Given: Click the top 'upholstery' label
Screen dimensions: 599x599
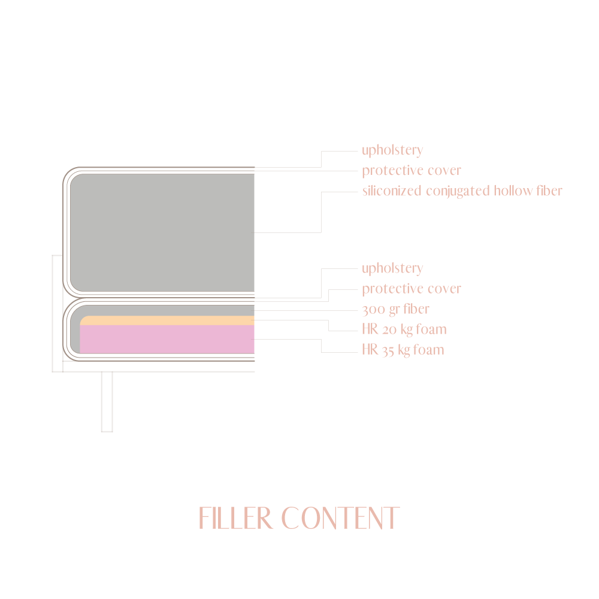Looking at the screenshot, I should click(x=392, y=150).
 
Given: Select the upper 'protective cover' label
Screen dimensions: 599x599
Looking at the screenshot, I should click(x=411, y=171).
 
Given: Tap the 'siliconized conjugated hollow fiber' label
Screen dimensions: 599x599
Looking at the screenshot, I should click(x=462, y=191).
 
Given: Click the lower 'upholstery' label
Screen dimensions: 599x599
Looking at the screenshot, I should click(x=392, y=268).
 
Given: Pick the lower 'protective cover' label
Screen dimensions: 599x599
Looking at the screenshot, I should click(x=411, y=289).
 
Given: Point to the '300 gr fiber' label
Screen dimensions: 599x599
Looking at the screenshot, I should click(x=395, y=309).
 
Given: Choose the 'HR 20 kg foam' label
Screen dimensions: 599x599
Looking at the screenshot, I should click(x=404, y=329).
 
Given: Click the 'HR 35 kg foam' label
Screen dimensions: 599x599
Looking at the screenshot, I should click(x=403, y=350).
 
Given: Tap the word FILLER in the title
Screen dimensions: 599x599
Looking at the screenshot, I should click(x=235, y=519).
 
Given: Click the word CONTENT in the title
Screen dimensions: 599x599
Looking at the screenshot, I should click(x=340, y=519).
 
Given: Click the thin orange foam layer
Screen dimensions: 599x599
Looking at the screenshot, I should click(x=168, y=320).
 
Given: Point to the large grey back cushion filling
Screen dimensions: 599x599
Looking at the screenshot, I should click(x=162, y=232).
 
